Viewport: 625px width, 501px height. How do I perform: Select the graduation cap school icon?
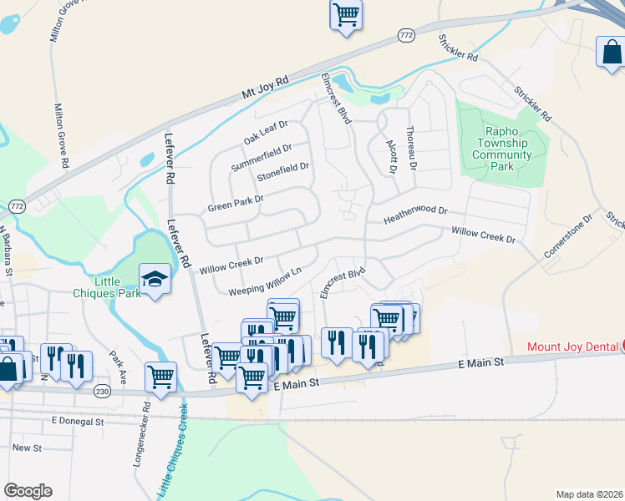click(x=155, y=279)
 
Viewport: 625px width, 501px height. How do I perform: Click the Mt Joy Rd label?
click(x=264, y=86)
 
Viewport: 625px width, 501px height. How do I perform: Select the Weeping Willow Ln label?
click(x=264, y=281)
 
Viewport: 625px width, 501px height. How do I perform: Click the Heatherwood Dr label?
click(x=416, y=216)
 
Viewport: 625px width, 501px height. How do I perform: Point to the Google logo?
click(x=28, y=491)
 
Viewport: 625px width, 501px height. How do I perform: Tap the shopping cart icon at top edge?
click(x=346, y=14)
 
